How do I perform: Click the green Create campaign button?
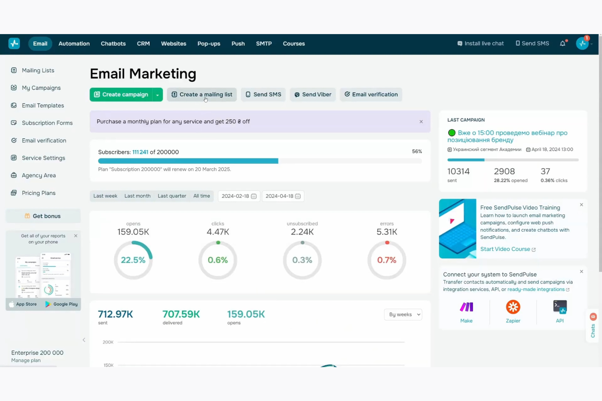(x=121, y=95)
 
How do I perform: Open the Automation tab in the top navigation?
(x=74, y=43)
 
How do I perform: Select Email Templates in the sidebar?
(x=43, y=106)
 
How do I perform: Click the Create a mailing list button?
(x=202, y=95)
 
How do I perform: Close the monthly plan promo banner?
(x=421, y=122)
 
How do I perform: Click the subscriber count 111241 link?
(x=140, y=152)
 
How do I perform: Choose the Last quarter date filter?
(x=172, y=196)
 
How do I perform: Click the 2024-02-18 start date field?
(x=238, y=196)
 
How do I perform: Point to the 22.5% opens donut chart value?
(x=133, y=260)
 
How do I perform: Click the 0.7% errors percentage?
(x=386, y=260)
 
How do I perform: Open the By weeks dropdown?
(x=403, y=314)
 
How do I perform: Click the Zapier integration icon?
(x=513, y=307)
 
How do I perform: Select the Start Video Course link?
(x=505, y=249)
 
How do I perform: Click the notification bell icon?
(x=563, y=43)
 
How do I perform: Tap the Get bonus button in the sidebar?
(x=43, y=216)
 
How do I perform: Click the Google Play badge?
(x=61, y=304)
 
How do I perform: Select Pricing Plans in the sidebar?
(x=39, y=193)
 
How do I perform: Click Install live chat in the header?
(x=480, y=43)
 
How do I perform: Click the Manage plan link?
(x=26, y=360)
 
